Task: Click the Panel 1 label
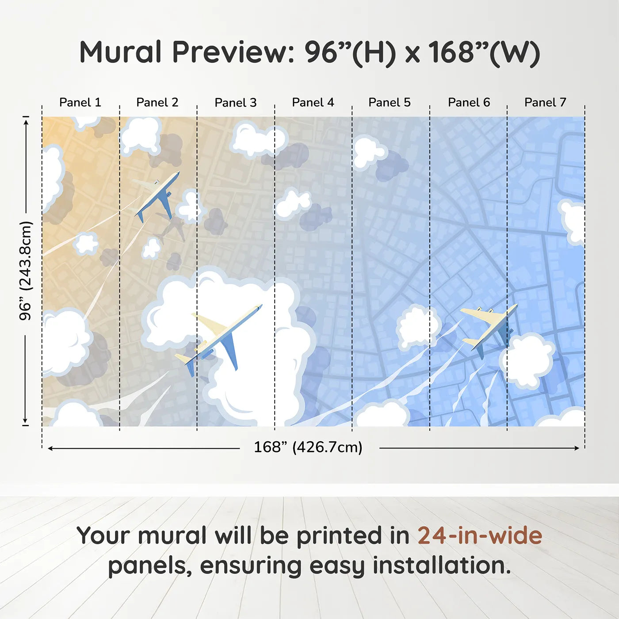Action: click(80, 103)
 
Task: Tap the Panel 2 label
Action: click(157, 103)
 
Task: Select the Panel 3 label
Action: click(235, 103)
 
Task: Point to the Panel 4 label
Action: click(313, 103)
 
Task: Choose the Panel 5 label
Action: click(389, 103)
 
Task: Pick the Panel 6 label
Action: click(469, 103)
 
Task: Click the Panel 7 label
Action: click(545, 103)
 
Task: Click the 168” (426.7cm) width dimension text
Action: click(308, 447)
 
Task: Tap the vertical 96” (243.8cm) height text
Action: click(26, 271)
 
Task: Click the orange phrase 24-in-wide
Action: click(480, 535)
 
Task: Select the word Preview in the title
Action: click(230, 52)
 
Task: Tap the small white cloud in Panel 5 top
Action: click(368, 151)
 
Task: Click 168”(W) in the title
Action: click(484, 52)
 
